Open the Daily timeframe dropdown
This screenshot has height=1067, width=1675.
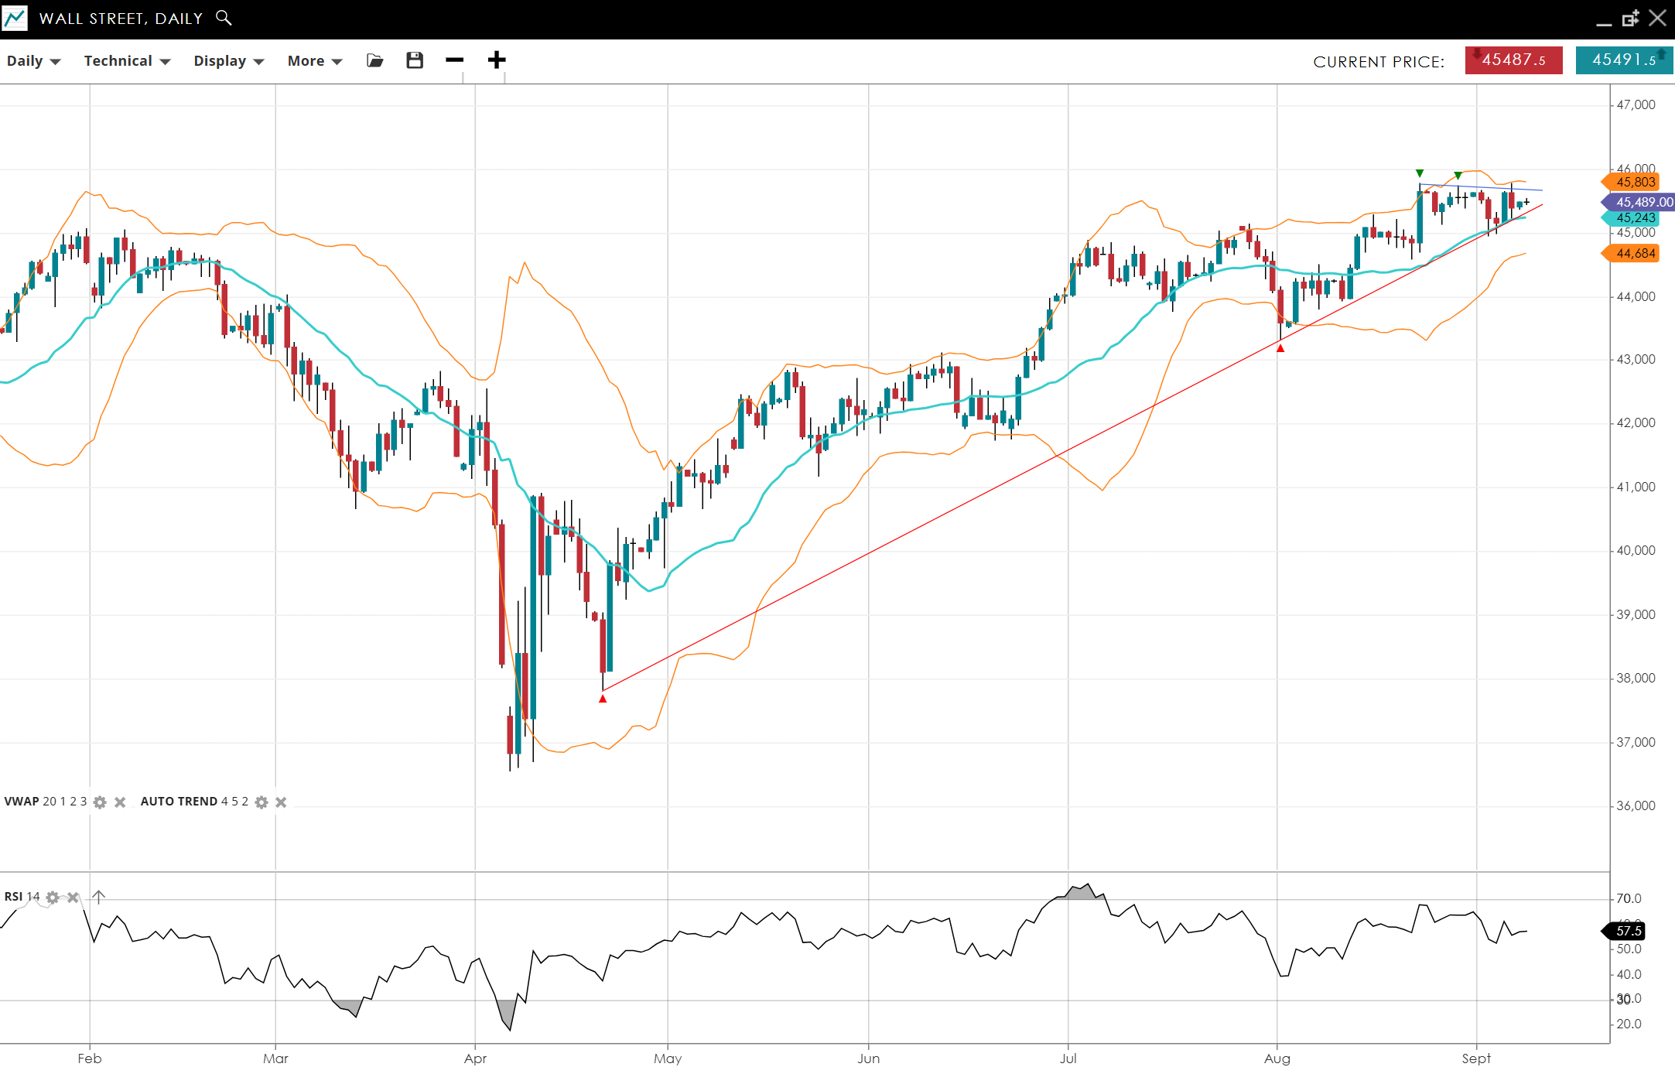point(33,61)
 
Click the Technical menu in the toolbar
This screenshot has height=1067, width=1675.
point(127,61)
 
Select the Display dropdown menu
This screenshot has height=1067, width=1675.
point(228,61)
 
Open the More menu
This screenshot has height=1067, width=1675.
point(314,61)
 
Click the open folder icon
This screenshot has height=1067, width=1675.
point(375,60)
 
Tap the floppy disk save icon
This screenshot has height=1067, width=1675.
point(415,60)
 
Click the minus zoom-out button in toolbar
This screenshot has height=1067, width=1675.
point(455,60)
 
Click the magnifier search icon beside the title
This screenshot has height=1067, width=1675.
point(224,18)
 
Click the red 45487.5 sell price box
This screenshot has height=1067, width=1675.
point(1513,60)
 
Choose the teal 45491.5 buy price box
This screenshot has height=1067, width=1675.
point(1624,60)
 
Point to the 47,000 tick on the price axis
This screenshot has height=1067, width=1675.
point(1636,105)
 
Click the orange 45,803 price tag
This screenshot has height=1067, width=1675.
point(1635,182)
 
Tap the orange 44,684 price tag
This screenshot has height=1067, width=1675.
point(1635,253)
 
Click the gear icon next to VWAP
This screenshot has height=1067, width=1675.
point(100,802)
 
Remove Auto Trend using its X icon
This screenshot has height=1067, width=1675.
point(281,802)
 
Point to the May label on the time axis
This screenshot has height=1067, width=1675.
point(668,1058)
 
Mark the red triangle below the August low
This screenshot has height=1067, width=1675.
point(1280,349)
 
